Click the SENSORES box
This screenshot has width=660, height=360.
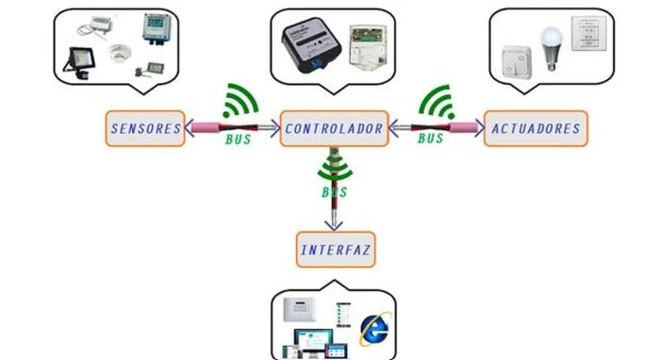145,129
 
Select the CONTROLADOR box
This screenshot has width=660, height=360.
334,129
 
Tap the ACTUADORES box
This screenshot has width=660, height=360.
536,129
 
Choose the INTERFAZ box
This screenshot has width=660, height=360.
336,250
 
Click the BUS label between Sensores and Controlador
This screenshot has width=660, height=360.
239,139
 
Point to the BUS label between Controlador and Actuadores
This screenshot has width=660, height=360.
431,139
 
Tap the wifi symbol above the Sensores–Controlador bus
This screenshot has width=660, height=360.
239,101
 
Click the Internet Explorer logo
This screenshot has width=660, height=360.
374,329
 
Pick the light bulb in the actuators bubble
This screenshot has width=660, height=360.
551,48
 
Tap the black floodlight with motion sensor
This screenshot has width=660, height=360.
79,63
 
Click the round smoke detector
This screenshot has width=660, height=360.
119,54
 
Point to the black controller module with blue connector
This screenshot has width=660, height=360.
311,45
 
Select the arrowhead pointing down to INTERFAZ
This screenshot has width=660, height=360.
334,225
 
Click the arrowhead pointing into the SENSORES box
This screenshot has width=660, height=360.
190,128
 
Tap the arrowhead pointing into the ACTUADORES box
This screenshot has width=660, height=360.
479,128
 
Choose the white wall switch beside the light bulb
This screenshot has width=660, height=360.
517,62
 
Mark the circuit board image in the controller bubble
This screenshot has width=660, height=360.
368,45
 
